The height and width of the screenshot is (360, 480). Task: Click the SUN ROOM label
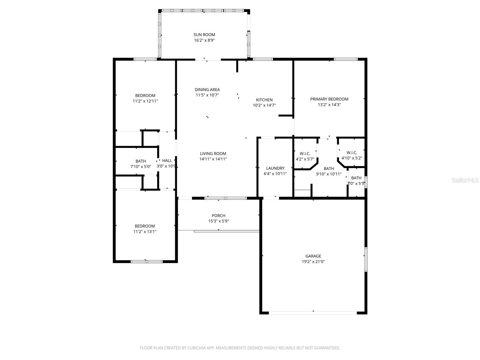(x=204, y=35)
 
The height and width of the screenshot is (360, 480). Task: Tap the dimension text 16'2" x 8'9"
(x=204, y=40)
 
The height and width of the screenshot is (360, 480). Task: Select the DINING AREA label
(x=207, y=90)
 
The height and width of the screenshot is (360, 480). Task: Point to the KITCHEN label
(x=264, y=100)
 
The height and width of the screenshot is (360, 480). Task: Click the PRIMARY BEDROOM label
(x=329, y=99)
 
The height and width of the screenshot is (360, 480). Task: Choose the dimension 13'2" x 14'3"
(x=329, y=105)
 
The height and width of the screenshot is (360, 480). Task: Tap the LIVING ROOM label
(x=213, y=154)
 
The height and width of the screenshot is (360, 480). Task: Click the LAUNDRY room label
(x=275, y=168)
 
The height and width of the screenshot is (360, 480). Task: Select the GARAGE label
(x=313, y=256)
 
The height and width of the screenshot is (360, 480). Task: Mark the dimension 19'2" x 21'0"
(x=313, y=262)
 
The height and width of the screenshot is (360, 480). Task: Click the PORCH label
(x=218, y=216)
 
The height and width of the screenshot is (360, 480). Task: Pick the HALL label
(x=167, y=161)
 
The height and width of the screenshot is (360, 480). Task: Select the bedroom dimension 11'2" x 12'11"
(x=145, y=101)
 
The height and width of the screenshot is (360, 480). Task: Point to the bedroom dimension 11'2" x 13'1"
(x=145, y=232)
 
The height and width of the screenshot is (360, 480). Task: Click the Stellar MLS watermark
(x=465, y=180)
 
